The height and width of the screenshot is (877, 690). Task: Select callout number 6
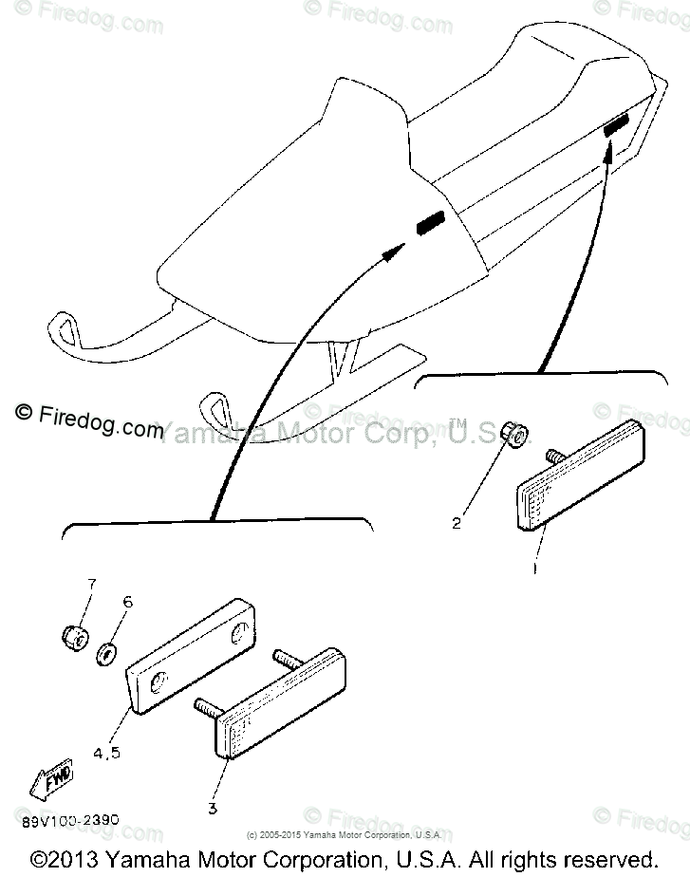coord(128,602)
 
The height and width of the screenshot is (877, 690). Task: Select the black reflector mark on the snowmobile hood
coord(429,224)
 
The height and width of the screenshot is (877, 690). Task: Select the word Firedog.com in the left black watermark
coord(101,422)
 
